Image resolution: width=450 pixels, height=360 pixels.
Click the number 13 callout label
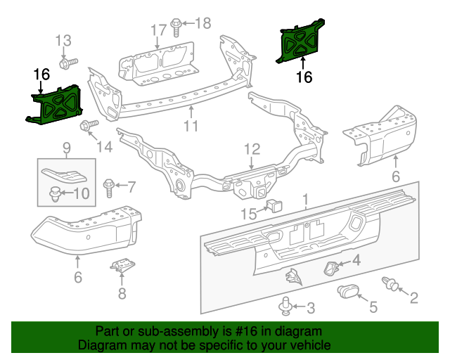click(64, 40)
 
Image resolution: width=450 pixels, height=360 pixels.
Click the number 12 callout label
click(252, 149)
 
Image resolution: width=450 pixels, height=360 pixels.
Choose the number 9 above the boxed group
click(66, 148)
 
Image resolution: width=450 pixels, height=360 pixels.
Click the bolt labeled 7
click(109, 187)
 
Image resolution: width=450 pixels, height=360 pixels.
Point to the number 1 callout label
click(306, 202)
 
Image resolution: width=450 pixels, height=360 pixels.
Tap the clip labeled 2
click(391, 284)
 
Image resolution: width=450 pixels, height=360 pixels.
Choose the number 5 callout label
click(373, 307)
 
